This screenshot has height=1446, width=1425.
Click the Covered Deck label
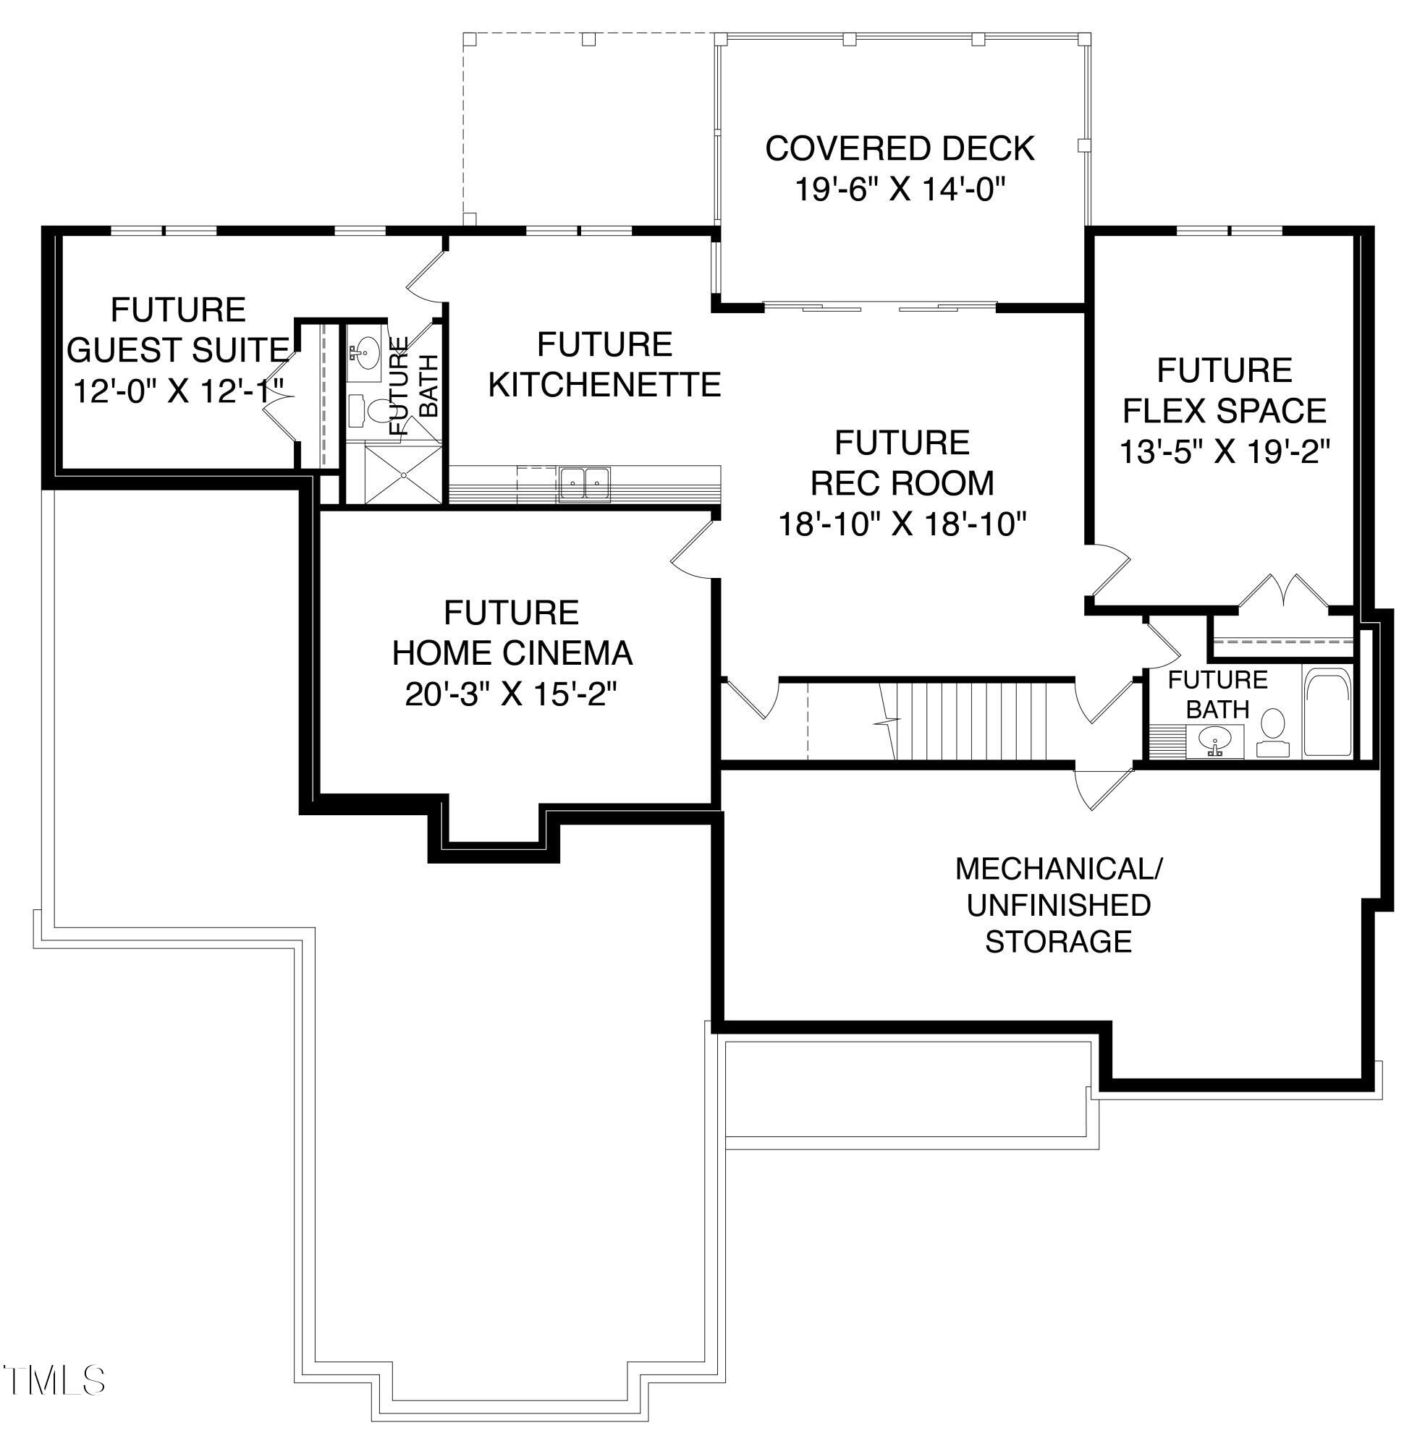[x=900, y=148]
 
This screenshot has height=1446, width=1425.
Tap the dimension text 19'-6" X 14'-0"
[x=898, y=190]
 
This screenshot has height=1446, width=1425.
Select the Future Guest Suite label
[x=178, y=330]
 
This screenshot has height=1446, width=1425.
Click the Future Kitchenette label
[x=605, y=365]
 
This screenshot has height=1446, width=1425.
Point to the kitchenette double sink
[x=585, y=483]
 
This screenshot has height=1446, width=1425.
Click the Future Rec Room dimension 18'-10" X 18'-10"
[x=901, y=524]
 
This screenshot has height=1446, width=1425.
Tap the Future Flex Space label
[x=1225, y=391]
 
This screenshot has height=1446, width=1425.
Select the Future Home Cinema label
[x=512, y=633]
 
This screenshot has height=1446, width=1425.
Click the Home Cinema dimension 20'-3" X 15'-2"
[x=512, y=695]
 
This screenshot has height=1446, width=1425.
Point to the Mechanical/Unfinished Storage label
[x=1058, y=905]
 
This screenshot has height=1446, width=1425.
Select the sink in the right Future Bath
[x=1214, y=741]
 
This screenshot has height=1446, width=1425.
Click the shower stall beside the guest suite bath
[x=403, y=474]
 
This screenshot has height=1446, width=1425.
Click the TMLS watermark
[x=54, y=1380]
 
